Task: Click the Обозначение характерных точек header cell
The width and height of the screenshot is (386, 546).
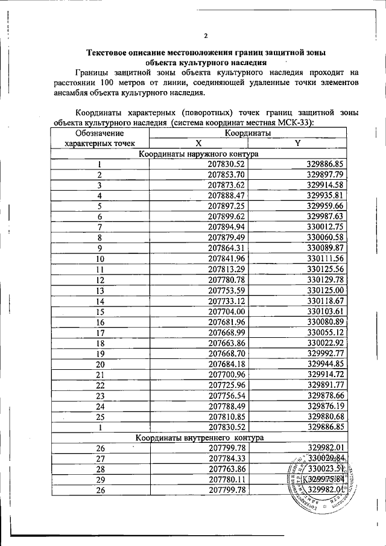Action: pyautogui.click(x=99, y=138)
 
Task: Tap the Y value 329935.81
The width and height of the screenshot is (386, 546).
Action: pyautogui.click(x=324, y=195)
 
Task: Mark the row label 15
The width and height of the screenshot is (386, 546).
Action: pyautogui.click(x=99, y=311)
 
